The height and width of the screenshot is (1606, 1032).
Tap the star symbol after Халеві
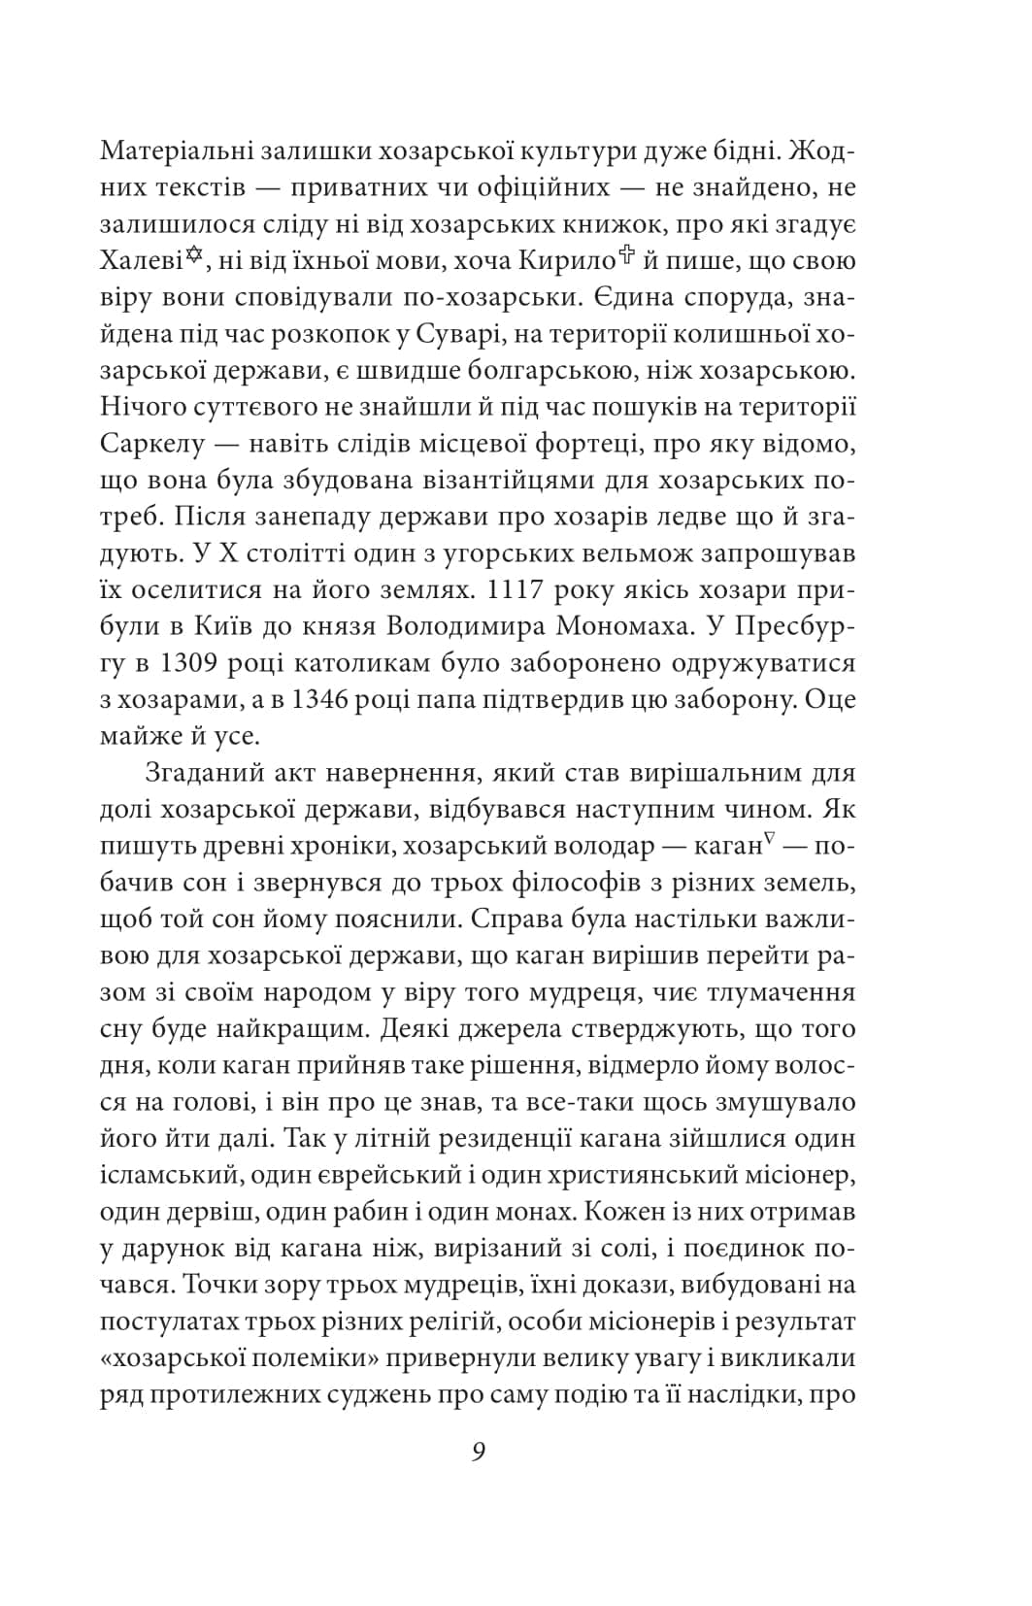(x=195, y=256)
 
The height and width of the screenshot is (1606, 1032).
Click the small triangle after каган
(x=767, y=842)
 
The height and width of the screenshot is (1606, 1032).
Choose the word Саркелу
(x=153, y=444)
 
